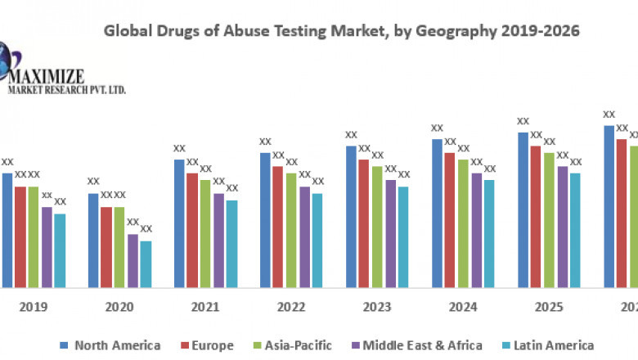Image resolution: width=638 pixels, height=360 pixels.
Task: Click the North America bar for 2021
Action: pyautogui.click(x=179, y=223)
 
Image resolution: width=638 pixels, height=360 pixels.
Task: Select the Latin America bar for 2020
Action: pyautogui.click(x=146, y=263)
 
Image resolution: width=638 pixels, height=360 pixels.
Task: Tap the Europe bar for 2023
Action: pyautogui.click(x=364, y=223)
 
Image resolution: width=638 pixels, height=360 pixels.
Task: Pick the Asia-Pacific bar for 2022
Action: pyautogui.click(x=291, y=230)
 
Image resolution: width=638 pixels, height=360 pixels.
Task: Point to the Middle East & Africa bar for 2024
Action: pyautogui.click(x=477, y=230)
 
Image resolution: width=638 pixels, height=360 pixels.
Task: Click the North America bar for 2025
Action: pyautogui.click(x=523, y=209)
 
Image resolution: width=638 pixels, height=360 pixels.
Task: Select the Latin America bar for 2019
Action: pyautogui.click(x=60, y=250)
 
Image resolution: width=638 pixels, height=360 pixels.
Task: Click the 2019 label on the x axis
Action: pyautogui.click(x=34, y=307)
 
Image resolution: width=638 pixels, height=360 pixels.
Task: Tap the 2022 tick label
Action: pyautogui.click(x=291, y=307)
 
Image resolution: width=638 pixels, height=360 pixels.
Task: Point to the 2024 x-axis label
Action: pyautogui.click(x=463, y=307)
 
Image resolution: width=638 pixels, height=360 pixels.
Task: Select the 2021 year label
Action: pyautogui.click(x=205, y=307)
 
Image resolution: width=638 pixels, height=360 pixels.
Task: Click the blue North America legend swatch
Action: pyautogui.click(x=65, y=346)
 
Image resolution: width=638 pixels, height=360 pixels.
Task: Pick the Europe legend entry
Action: pyautogui.click(x=208, y=345)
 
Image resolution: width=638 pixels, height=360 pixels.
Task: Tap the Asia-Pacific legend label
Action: pyautogui.click(x=296, y=345)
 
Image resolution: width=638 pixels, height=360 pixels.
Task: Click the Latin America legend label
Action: pyautogui.click(x=554, y=345)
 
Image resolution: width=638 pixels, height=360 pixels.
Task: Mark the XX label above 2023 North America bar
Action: pyautogui.click(x=351, y=135)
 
